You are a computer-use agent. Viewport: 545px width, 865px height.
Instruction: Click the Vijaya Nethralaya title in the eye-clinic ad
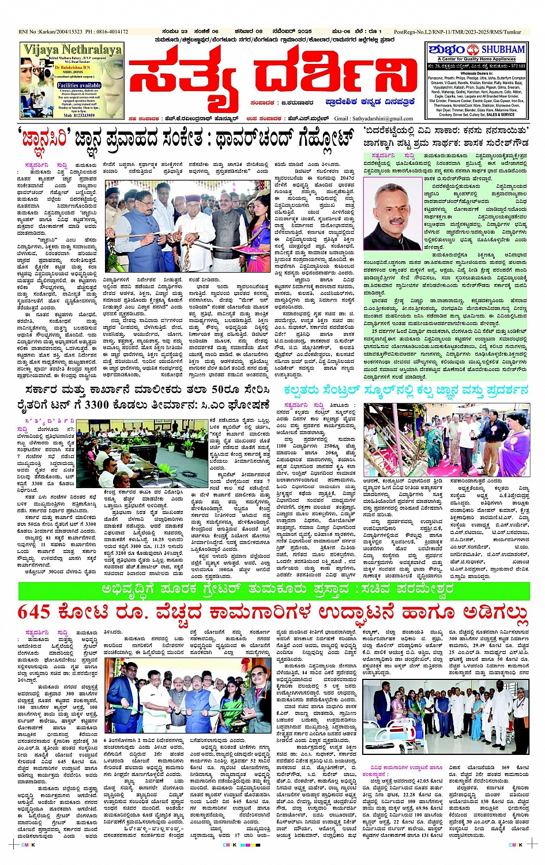point(72,50)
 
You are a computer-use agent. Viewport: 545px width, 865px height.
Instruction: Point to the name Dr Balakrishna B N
point(72,67)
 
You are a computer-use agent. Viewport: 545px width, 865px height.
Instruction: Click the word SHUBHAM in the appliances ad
point(503,50)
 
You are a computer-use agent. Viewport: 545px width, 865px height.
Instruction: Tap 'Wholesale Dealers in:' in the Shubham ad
point(477,74)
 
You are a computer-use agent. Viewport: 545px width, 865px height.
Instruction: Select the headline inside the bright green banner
point(274,590)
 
